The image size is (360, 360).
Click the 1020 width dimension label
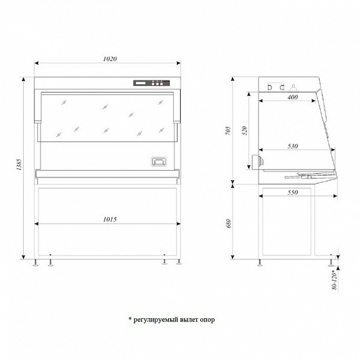pyautogui.click(x=110, y=59)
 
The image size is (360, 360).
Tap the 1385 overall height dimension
pyautogui.click(x=19, y=164)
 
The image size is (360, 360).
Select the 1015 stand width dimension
pyautogui.click(x=110, y=219)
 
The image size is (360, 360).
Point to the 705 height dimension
pyautogui.click(x=228, y=130)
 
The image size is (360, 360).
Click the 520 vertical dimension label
pyautogui.click(x=245, y=131)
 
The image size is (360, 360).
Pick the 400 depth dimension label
pyautogui.click(x=293, y=97)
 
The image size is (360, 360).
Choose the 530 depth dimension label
pyautogui.click(x=293, y=146)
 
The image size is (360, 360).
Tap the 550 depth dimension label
pyautogui.click(x=293, y=192)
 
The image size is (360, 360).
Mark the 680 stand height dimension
pyautogui.click(x=228, y=224)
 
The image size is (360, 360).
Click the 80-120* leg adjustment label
pyautogui.click(x=335, y=281)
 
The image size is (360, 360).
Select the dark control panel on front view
pyautogui.click(x=151, y=83)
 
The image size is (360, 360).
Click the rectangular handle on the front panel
pyautogui.click(x=159, y=161)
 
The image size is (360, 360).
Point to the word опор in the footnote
pyautogui.click(x=207, y=320)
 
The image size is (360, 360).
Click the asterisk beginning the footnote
pyautogui.click(x=130, y=319)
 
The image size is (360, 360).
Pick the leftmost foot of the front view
pyautogui.click(x=36, y=263)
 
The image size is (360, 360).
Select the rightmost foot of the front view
pyautogui.click(x=179, y=262)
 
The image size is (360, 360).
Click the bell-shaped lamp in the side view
pyautogui.click(x=293, y=87)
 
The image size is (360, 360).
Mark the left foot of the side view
pyautogui.click(x=260, y=263)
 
